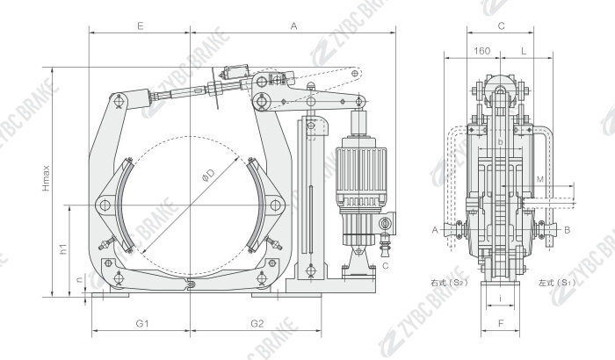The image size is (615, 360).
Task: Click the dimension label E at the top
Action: pos(141,26)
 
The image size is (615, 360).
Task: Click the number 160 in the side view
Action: pos(481,51)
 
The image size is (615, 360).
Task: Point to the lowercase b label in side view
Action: pos(500,142)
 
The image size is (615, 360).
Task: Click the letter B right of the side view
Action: pos(568,230)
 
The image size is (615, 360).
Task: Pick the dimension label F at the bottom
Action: pos(500,324)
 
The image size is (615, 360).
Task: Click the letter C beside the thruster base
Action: pos(386,265)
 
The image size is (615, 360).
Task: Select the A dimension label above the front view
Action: pos(293,26)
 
